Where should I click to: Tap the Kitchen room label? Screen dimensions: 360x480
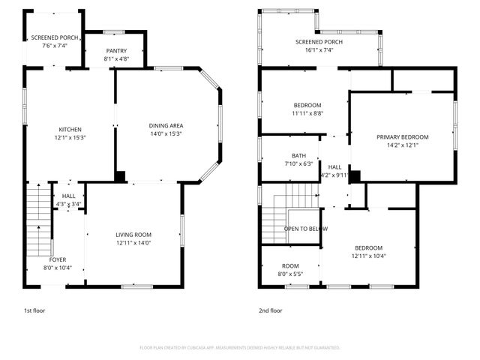[x=70, y=129]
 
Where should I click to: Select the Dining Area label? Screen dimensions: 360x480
[x=166, y=125]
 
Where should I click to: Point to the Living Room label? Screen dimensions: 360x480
[x=133, y=235]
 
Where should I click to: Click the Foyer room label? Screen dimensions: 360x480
[x=58, y=259]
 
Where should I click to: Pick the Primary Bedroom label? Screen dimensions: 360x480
[x=402, y=137]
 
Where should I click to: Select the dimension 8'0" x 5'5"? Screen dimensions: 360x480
[x=290, y=274]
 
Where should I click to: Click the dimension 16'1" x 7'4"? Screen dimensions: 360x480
[x=319, y=51]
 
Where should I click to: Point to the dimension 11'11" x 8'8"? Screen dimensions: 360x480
[x=307, y=113]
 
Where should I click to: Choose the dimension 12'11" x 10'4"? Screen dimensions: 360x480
[x=368, y=256]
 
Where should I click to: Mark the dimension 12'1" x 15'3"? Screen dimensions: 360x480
[x=70, y=138]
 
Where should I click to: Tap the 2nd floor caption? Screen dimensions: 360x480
[x=271, y=310]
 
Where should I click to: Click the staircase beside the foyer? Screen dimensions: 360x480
[x=38, y=221]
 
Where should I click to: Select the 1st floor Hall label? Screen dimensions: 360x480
[x=68, y=195]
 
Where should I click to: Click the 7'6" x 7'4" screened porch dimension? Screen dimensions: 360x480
[x=54, y=46]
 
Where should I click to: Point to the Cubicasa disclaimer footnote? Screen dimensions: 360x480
[x=240, y=348]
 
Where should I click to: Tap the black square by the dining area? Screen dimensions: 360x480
[x=120, y=177]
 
